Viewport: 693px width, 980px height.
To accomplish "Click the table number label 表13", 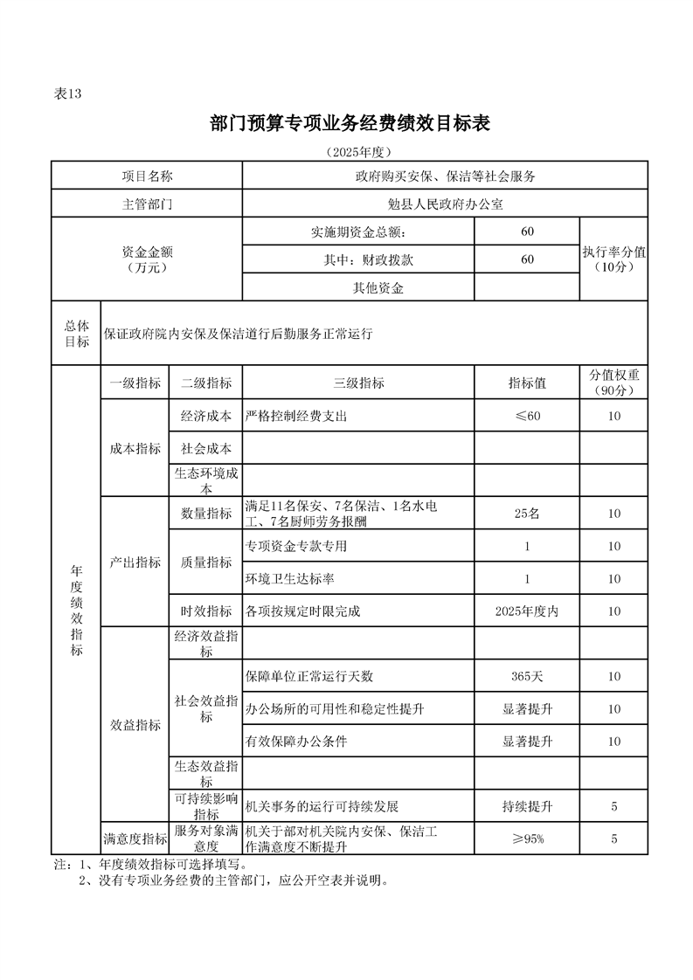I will (x=67, y=95).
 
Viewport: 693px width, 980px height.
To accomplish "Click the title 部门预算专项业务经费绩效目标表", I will (x=350, y=124).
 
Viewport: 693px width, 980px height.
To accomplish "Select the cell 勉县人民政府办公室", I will (x=445, y=204).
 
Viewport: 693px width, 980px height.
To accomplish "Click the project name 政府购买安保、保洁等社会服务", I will (x=445, y=176).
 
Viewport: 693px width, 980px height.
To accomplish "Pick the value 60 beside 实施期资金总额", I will (x=527, y=231).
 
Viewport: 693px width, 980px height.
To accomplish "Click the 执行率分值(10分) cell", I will (x=613, y=259).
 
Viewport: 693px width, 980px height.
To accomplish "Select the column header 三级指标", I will (x=358, y=383).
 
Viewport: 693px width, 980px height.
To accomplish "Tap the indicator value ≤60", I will (x=527, y=417).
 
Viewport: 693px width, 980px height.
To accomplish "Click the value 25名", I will (x=527, y=514).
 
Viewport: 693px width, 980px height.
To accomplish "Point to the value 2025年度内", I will (x=527, y=611).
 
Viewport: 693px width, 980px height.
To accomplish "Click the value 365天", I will (x=527, y=676).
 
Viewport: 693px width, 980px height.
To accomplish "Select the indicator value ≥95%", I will (x=527, y=839).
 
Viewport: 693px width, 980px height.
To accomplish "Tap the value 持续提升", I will (x=527, y=805).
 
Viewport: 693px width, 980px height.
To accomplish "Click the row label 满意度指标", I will (x=135, y=839).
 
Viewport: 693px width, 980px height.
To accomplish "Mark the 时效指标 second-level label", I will (x=206, y=611).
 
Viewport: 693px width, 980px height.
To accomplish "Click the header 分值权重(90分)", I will (x=613, y=383).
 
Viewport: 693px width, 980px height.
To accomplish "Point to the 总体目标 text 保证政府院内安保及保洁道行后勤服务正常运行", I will (x=239, y=334).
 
